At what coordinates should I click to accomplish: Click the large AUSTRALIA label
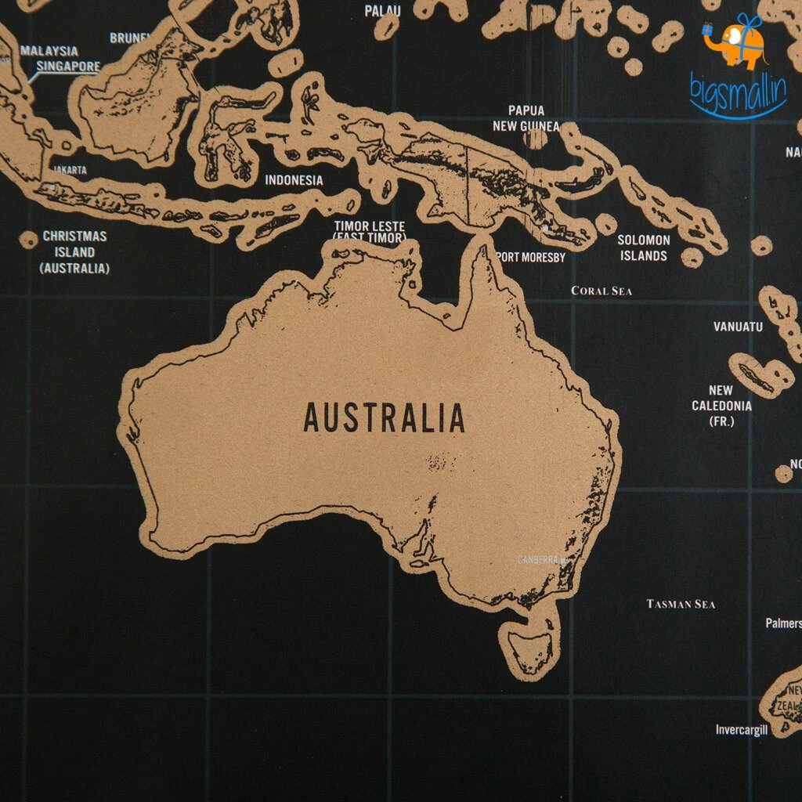(384, 417)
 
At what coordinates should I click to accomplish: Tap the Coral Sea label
(601, 291)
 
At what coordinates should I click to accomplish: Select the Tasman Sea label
(681, 604)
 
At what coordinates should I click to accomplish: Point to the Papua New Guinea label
(526, 118)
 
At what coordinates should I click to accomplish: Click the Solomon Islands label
(644, 247)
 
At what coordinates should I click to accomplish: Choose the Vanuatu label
(738, 327)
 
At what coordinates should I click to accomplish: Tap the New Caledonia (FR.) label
(721, 406)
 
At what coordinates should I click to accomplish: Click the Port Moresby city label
(530, 257)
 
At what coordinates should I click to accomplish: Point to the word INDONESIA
(294, 180)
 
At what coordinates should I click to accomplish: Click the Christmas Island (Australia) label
(74, 251)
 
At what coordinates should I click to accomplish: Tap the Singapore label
(69, 67)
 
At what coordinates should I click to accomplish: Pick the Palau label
(382, 11)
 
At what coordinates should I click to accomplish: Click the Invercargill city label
(742, 730)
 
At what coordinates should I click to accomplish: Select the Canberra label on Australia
(541, 560)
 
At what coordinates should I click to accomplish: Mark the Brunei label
(130, 38)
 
